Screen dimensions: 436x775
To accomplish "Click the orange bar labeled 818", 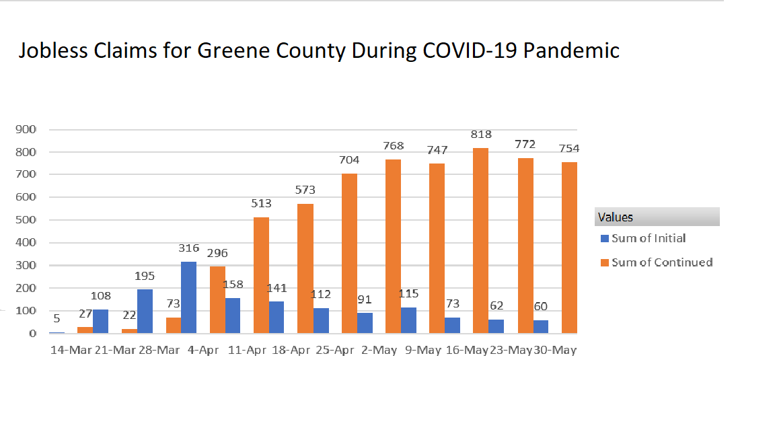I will point(480,240).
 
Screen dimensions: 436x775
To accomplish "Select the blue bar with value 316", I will point(188,297).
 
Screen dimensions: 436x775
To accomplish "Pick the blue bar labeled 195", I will point(145,311).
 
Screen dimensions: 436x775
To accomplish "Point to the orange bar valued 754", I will point(569,247).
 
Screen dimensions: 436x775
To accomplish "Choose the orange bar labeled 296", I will point(217,299).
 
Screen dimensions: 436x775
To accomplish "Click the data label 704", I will point(349,160).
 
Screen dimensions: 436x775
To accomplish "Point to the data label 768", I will point(394,145).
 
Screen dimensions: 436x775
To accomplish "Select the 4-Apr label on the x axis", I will point(202,351).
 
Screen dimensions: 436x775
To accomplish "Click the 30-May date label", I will point(555,351).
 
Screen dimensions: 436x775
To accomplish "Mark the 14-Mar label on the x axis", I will point(72,351).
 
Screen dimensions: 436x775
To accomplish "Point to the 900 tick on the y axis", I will point(26,129).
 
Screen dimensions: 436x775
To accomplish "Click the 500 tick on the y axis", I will point(26,220).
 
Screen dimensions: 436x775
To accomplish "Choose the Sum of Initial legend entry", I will point(648,238).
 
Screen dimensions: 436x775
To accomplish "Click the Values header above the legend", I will point(616,217).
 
